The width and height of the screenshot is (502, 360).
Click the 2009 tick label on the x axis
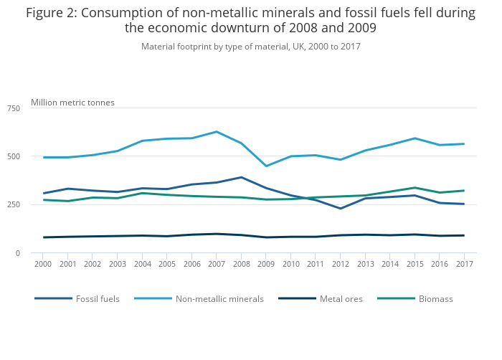[266, 264]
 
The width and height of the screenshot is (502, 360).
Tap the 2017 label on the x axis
[464, 264]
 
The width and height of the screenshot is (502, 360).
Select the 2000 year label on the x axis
[43, 264]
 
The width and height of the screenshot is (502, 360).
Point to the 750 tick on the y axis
[14, 108]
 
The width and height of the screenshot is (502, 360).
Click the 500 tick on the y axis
[14, 156]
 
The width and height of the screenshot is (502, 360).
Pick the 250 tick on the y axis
[14, 205]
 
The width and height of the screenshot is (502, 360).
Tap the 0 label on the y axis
[18, 253]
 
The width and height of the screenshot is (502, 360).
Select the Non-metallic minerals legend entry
[219, 298]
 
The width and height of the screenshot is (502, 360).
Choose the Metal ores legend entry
[341, 298]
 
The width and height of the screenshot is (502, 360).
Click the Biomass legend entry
[435, 298]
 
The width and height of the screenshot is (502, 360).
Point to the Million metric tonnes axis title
[72, 103]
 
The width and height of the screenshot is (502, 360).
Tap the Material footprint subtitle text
[250, 47]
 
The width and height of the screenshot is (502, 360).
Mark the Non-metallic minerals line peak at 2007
[217, 132]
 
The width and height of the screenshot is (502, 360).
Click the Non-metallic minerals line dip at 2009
[266, 166]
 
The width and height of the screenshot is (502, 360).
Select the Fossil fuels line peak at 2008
[242, 177]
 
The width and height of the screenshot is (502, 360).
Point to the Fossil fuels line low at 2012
[341, 209]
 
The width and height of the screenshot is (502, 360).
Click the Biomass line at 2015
[415, 188]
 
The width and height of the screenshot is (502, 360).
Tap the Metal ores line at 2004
[142, 235]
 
